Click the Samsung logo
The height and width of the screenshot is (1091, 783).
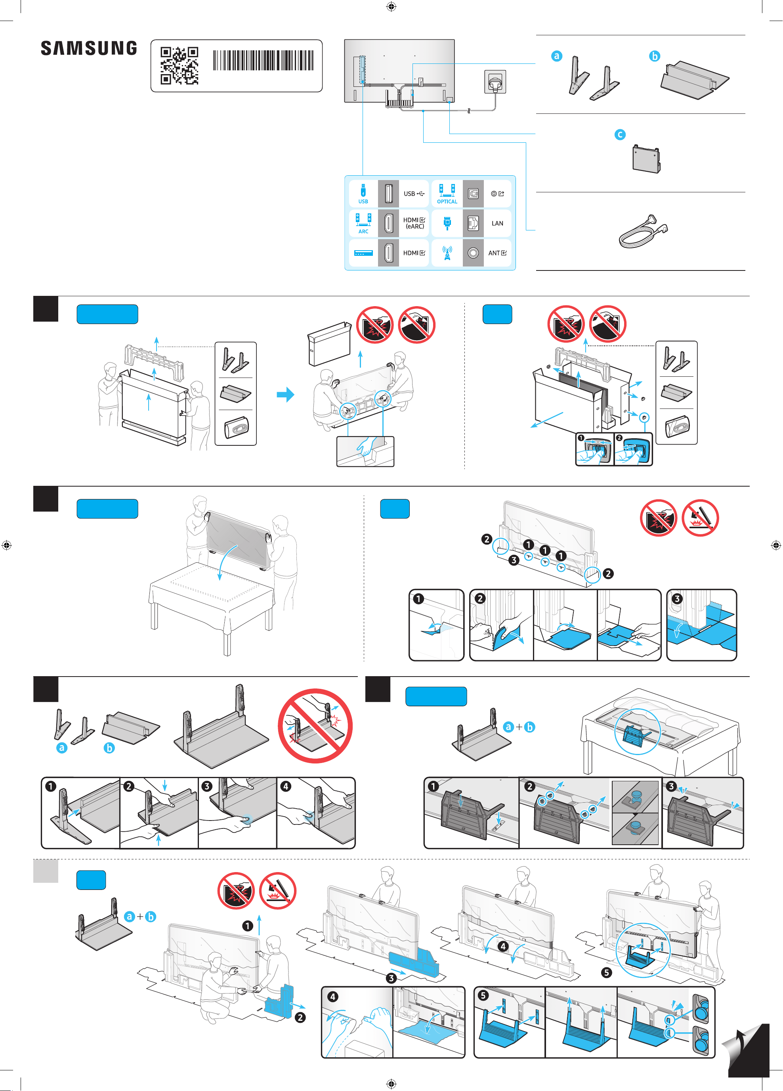(x=89, y=48)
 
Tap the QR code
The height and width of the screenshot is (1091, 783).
(x=179, y=65)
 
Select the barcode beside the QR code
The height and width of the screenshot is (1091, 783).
(x=264, y=60)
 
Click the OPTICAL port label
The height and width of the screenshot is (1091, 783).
(x=447, y=201)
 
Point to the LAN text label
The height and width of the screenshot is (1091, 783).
(x=497, y=223)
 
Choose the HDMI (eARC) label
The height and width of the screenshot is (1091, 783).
(x=414, y=223)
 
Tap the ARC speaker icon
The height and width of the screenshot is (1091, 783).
(x=363, y=220)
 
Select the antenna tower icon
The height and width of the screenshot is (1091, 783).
(x=447, y=253)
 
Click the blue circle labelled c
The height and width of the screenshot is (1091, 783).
(x=620, y=135)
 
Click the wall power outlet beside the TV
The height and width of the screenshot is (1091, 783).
(x=495, y=82)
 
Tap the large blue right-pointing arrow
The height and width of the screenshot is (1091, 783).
(x=286, y=395)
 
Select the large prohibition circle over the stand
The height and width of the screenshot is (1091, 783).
(x=315, y=726)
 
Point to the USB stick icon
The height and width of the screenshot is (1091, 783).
(x=363, y=190)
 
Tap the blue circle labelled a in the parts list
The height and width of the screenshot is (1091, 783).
(x=557, y=56)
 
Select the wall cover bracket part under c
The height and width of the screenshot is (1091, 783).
(x=646, y=158)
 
